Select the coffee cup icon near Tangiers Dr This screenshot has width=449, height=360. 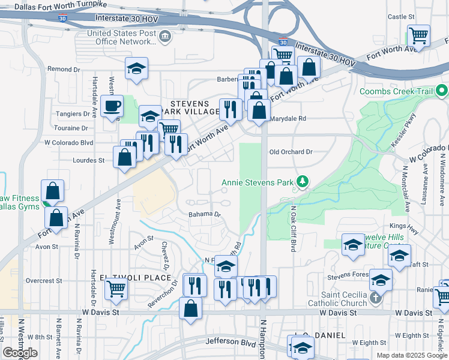[x=112, y=107]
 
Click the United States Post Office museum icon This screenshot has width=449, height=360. [x=164, y=37]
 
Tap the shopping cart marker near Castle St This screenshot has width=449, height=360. [x=418, y=35]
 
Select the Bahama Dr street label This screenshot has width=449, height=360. [x=205, y=214]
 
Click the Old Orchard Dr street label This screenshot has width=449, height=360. [x=291, y=152]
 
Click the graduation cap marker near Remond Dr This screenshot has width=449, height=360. [x=136, y=68]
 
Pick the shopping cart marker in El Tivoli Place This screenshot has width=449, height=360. [x=116, y=289]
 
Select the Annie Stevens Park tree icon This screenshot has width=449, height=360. [x=303, y=182]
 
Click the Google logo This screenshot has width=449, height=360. [x=20, y=353]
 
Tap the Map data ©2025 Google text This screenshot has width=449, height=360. [x=411, y=355]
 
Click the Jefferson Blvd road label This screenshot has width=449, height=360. [x=227, y=341]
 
